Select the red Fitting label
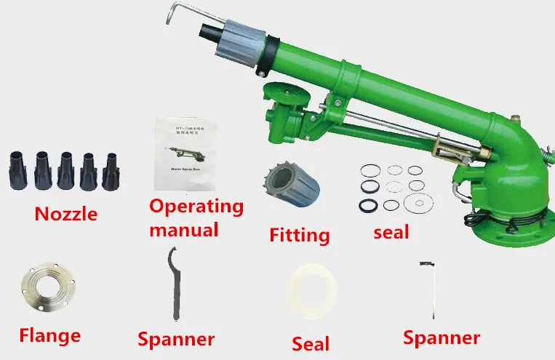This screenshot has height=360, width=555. (x=299, y=235)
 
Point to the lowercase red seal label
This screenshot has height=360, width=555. (x=390, y=233)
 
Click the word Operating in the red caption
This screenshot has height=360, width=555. (x=196, y=207)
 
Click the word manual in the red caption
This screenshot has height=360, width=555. (x=184, y=231)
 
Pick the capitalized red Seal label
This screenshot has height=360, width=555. (x=311, y=343)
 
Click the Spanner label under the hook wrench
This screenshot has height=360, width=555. (x=176, y=340)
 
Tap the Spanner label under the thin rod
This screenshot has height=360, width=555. (x=442, y=337)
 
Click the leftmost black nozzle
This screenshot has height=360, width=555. (x=17, y=170)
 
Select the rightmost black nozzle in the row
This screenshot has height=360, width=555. (x=111, y=170)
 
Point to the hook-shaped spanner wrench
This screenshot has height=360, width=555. (x=174, y=284)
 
